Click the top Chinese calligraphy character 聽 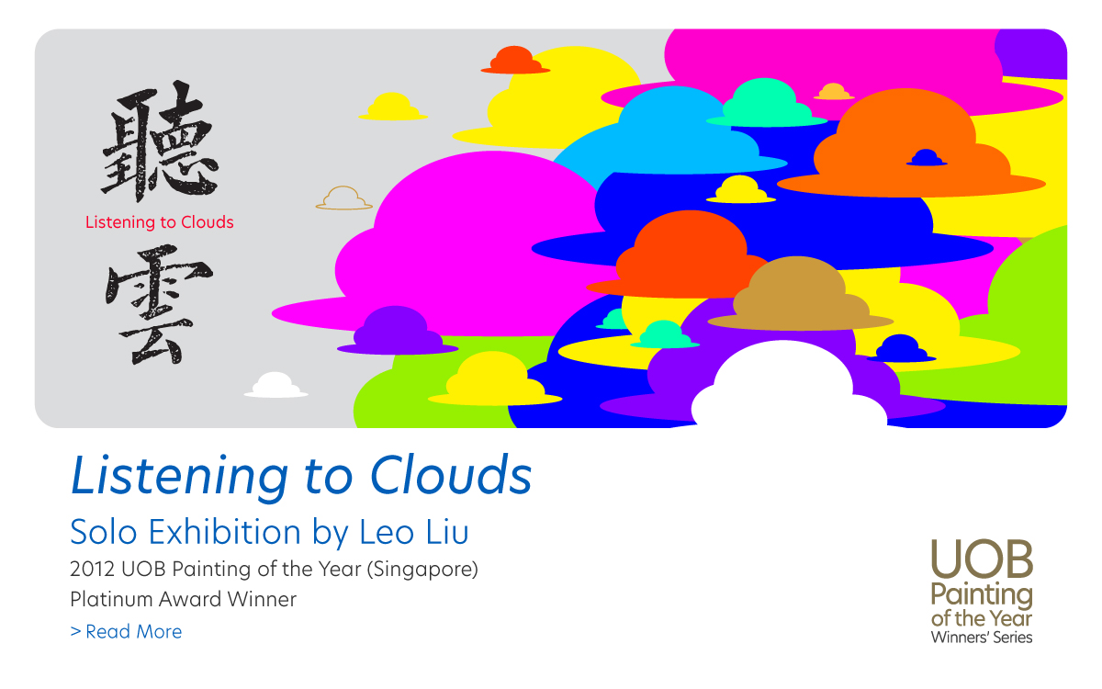click(160, 141)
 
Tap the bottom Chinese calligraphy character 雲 click(158, 305)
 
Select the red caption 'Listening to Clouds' click(160, 222)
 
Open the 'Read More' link click(126, 631)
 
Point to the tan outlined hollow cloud click(343, 198)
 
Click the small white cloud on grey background click(276, 385)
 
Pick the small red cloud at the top click(515, 60)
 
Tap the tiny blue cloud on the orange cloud click(927, 157)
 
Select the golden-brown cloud click(801, 294)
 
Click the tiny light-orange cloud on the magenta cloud click(834, 92)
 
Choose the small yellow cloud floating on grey click(393, 107)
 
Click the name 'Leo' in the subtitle click(387, 533)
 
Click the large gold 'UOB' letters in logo click(982, 559)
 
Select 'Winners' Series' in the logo click(982, 638)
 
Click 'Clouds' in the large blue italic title click(451, 476)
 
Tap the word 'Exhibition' click(225, 532)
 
